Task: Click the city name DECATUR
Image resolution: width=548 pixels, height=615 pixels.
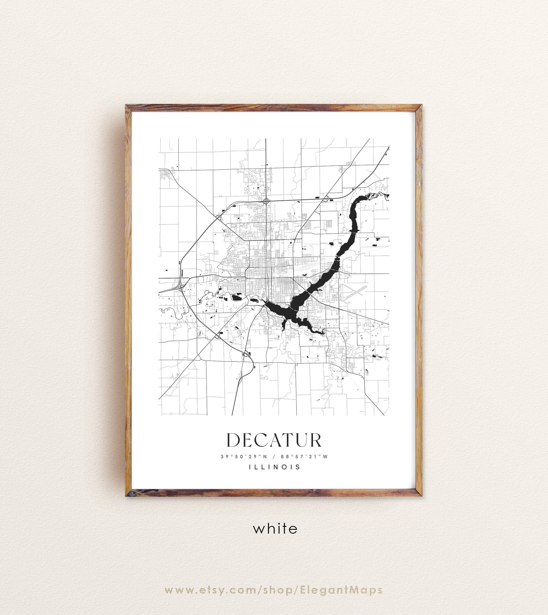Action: tap(274, 440)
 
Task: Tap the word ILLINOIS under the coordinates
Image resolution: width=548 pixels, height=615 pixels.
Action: tap(275, 467)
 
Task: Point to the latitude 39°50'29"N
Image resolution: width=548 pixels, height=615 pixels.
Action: tap(244, 457)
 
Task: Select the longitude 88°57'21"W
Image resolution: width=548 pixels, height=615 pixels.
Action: tap(304, 457)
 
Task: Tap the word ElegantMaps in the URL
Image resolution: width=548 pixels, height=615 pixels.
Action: tap(341, 590)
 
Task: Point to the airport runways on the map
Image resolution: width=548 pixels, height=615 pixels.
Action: tap(354, 292)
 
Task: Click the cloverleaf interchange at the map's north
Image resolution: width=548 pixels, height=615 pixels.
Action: tap(266, 201)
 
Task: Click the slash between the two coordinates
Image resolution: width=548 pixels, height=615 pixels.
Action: tap(274, 457)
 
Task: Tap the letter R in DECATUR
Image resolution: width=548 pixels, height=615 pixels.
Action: tap(315, 440)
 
